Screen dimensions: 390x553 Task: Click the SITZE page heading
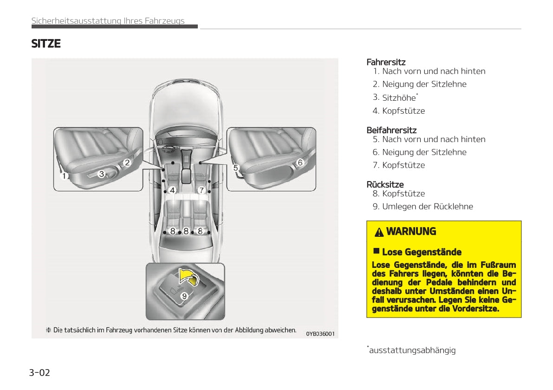(x=46, y=44)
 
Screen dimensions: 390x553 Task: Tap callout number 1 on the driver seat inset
(x=64, y=176)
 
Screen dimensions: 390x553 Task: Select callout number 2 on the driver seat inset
(x=126, y=162)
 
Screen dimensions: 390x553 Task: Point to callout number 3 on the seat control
(x=102, y=174)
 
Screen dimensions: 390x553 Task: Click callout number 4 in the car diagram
(x=172, y=190)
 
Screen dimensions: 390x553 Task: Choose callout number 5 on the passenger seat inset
(x=235, y=167)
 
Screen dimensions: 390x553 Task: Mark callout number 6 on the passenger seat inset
(x=300, y=162)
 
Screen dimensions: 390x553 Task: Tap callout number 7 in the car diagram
(x=201, y=190)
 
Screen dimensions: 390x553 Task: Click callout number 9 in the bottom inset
(x=184, y=296)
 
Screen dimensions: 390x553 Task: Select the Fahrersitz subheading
(x=386, y=62)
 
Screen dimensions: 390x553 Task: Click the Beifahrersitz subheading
(x=391, y=130)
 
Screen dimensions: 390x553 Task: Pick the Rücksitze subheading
(x=385, y=184)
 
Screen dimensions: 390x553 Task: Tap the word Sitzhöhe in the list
(x=399, y=97)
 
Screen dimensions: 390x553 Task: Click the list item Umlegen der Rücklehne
(x=427, y=207)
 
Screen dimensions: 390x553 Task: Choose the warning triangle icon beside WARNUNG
(x=379, y=232)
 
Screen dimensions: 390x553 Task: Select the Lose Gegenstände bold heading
(x=421, y=252)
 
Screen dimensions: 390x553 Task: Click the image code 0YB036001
(x=320, y=333)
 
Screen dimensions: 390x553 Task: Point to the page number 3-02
(x=39, y=372)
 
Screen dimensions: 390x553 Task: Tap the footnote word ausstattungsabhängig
(x=412, y=350)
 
